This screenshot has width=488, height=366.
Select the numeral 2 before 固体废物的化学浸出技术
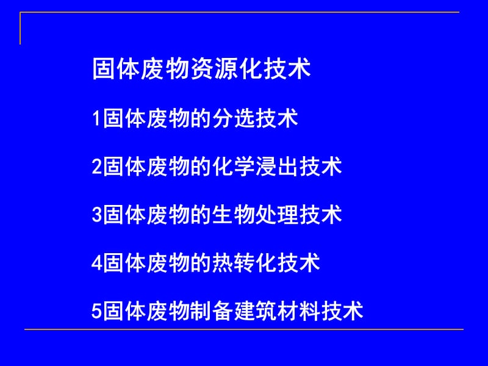[x=96, y=167]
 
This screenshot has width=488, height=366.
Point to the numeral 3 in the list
[x=96, y=215]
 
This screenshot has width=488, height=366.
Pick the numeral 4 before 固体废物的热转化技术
[x=96, y=264]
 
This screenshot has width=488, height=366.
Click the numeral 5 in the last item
[x=96, y=312]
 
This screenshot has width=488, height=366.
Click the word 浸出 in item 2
[x=278, y=167]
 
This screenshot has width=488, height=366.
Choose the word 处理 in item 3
[x=278, y=215]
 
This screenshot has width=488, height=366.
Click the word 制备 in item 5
[x=212, y=312]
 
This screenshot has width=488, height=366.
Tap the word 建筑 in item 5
[x=256, y=312]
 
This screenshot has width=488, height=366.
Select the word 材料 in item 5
[x=300, y=312]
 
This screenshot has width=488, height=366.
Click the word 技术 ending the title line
[x=289, y=69]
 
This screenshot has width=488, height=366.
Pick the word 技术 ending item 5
[x=343, y=312]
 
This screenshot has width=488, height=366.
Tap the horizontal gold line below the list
[x=244, y=330]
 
